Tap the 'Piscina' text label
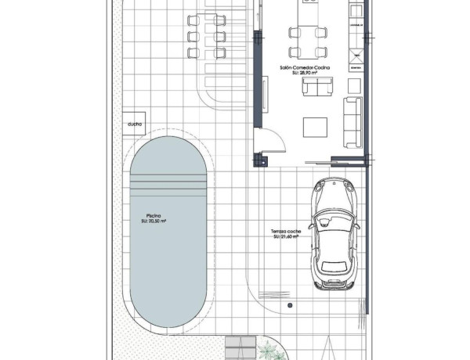point(154,215)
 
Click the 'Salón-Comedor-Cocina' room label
point(305,68)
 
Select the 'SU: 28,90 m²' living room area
point(305,74)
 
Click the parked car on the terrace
point(334,233)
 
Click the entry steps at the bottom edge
point(241,347)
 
